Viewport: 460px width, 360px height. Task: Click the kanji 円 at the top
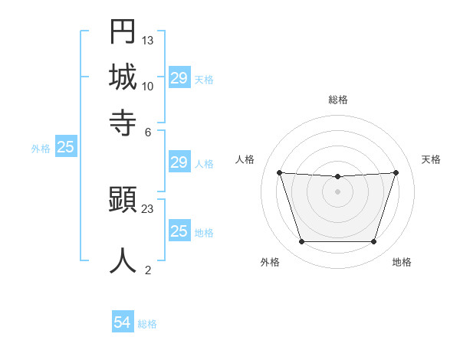(x=123, y=32)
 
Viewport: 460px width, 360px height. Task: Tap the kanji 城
(x=123, y=77)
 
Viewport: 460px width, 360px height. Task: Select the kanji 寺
(x=123, y=121)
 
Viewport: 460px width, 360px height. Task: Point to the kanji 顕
(x=123, y=201)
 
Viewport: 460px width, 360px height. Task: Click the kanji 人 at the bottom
(x=123, y=260)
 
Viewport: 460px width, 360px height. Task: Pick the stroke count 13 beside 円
(x=148, y=40)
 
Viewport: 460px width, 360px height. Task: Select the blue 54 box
(x=123, y=322)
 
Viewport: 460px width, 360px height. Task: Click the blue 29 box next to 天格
(x=179, y=78)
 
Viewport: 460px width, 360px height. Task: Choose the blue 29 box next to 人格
(x=179, y=162)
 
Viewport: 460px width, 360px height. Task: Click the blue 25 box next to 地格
(x=179, y=231)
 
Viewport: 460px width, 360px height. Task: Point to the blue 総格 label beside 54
(x=147, y=324)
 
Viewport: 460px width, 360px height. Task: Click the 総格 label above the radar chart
(x=338, y=100)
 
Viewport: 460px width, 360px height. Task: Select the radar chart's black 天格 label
(x=432, y=159)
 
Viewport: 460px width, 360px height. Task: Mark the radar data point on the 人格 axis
(x=279, y=172)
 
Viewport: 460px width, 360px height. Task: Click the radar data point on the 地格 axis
(x=373, y=242)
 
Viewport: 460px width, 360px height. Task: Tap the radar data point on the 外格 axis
(x=301, y=242)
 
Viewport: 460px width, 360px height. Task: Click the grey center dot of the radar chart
(x=337, y=191)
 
